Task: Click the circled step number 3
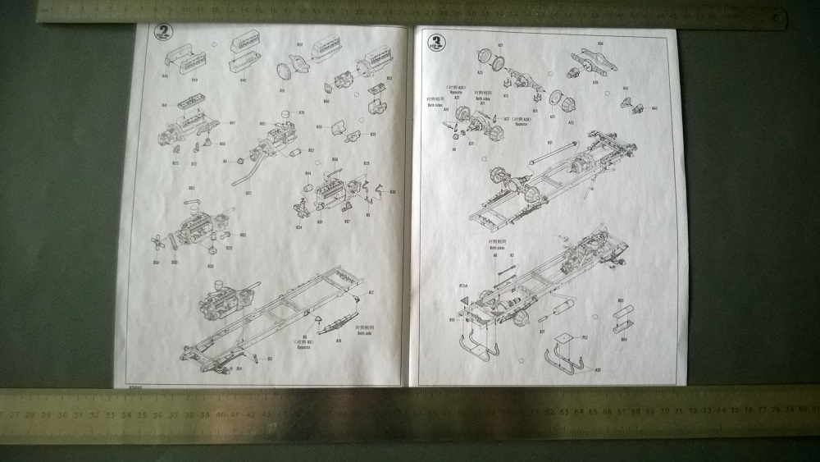coord(434,40)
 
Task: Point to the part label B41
coord(165,105)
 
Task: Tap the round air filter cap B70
coord(286,114)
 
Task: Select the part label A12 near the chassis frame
coord(371,292)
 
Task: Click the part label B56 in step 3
coord(600,43)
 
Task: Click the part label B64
coord(623,338)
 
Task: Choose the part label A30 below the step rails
coord(597,369)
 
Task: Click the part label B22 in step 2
coord(194,163)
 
